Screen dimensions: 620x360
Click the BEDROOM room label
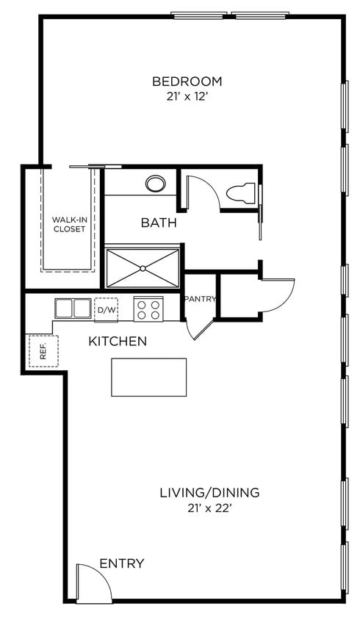[187, 81]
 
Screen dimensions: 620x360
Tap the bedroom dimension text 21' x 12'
[187, 95]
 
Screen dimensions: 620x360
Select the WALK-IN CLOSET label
[68, 223]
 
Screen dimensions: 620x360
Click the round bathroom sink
[155, 183]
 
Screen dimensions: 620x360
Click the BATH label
[159, 223]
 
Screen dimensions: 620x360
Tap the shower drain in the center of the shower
[143, 268]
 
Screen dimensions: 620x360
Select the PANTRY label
[199, 299]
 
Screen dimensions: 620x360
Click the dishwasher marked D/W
[106, 309]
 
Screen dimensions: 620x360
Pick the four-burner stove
[148, 309]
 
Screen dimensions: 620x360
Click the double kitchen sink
[73, 308]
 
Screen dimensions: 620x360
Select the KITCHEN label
[118, 341]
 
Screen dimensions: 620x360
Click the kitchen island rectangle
[148, 377]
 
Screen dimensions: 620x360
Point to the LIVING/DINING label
[209, 492]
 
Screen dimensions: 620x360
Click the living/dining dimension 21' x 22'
[209, 507]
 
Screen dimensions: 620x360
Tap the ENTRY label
[121, 563]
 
